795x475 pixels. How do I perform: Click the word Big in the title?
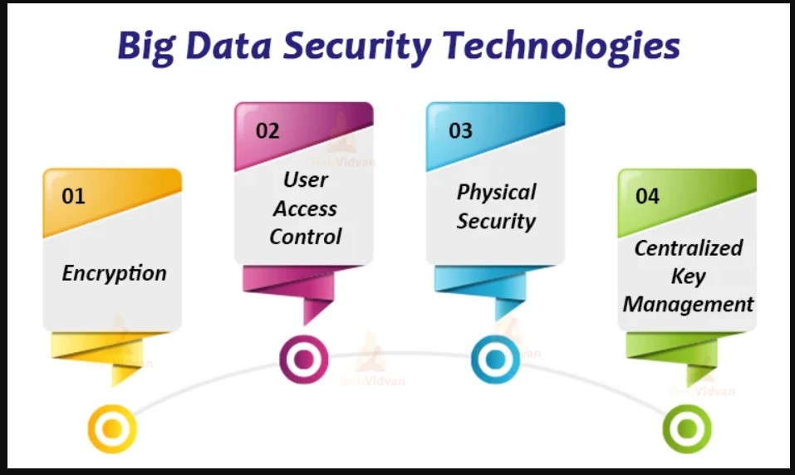[146, 47]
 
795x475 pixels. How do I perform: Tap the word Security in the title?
[357, 47]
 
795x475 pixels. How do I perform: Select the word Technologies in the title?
[562, 47]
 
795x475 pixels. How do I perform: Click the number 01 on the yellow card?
[73, 196]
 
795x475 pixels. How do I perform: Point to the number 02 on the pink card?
[267, 130]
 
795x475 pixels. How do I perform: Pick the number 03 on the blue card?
[460, 130]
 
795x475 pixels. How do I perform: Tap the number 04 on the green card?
[647, 196]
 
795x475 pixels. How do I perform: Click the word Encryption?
[114, 274]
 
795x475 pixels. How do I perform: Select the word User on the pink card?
[305, 179]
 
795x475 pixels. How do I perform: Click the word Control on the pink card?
[305, 237]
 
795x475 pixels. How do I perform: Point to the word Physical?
[497, 193]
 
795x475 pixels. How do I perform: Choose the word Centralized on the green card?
[689, 248]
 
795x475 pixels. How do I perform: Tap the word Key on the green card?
[688, 277]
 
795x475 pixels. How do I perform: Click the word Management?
[688, 305]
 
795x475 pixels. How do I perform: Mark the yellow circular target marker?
[112, 428]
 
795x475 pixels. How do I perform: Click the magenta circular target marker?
[304, 360]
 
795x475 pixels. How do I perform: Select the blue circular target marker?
[495, 360]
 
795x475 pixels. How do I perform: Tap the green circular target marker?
[687, 428]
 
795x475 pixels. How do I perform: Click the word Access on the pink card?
[305, 208]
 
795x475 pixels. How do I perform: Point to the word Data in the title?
[228, 47]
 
